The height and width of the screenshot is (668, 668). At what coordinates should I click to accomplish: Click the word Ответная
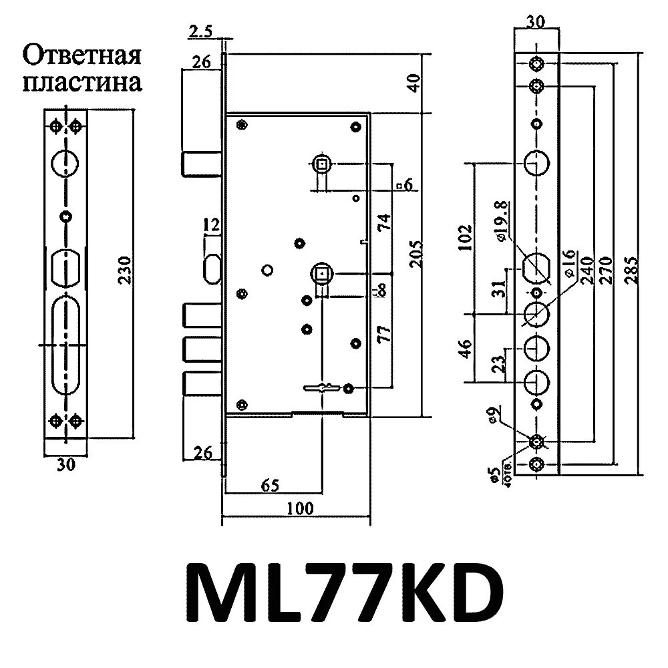click(x=82, y=55)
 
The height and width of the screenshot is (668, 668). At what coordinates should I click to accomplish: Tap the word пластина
click(x=82, y=83)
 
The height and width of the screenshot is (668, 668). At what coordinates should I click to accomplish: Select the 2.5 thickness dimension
click(x=200, y=31)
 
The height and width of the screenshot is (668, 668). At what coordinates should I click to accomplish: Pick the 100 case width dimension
click(x=300, y=508)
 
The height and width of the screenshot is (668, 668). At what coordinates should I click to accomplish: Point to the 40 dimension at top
click(x=415, y=83)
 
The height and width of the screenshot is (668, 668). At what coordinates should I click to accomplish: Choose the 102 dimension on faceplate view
click(x=466, y=237)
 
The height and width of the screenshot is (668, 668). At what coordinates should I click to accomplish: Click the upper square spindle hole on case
click(x=321, y=163)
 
